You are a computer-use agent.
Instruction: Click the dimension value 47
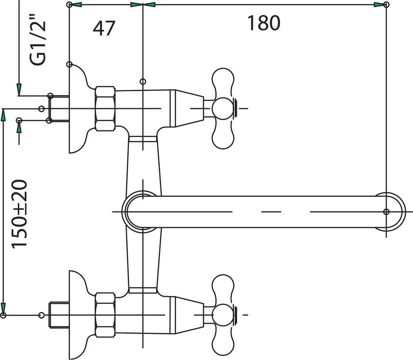[x=104, y=28]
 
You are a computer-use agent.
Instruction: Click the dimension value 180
[x=263, y=23]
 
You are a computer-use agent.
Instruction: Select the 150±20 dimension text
[x=19, y=214]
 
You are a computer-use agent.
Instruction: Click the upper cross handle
[x=223, y=109]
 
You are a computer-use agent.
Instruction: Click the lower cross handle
[x=223, y=315]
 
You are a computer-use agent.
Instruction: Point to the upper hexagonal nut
[x=105, y=109]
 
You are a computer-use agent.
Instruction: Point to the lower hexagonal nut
[x=105, y=315]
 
